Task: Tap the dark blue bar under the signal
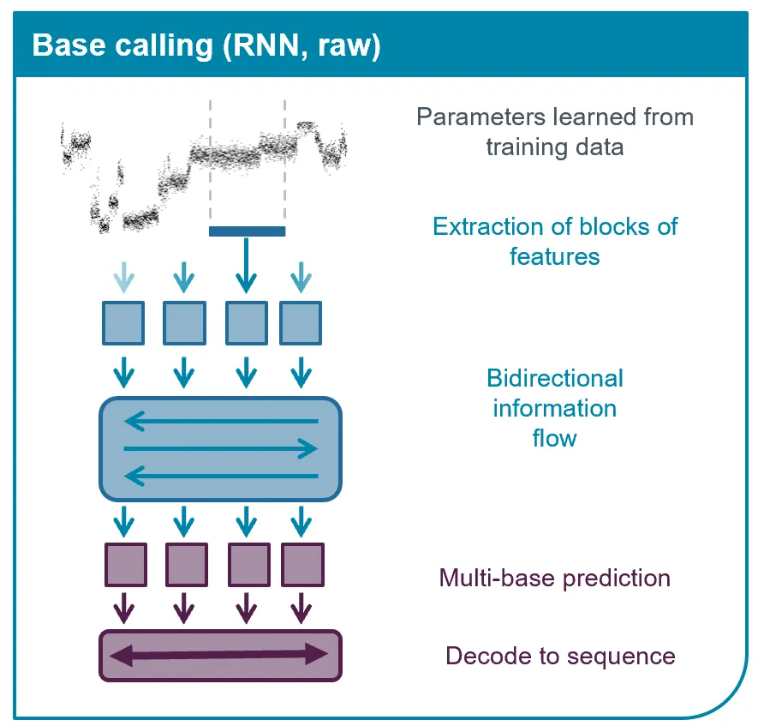(x=247, y=231)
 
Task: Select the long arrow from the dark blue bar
(x=247, y=265)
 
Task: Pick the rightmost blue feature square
(x=301, y=323)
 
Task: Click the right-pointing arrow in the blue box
(x=221, y=448)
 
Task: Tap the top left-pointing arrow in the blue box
(x=221, y=421)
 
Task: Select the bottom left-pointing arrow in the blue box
(x=221, y=477)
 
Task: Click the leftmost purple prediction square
(x=126, y=564)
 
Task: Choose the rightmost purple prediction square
(x=301, y=564)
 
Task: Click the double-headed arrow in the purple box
(x=221, y=656)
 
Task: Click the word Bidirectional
(x=555, y=379)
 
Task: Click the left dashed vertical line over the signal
(x=210, y=163)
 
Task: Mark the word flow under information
(x=555, y=439)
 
